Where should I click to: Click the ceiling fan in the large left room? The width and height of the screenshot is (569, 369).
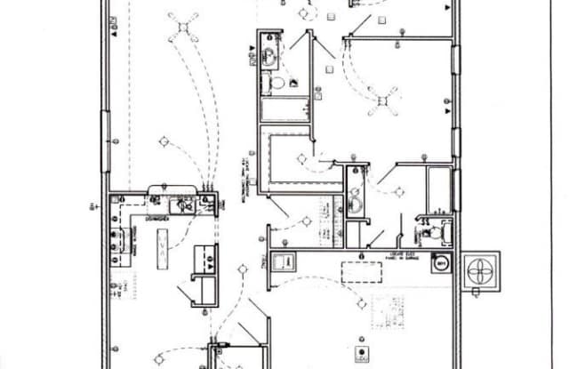pyautogui.click(x=184, y=28)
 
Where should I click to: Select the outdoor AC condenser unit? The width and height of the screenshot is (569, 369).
pyautogui.click(x=479, y=272)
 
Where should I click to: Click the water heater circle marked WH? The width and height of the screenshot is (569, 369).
pyautogui.click(x=440, y=264)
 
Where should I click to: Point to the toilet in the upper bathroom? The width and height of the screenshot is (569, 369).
pyautogui.click(x=277, y=84)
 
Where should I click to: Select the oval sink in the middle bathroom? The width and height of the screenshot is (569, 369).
pyautogui.click(x=355, y=203)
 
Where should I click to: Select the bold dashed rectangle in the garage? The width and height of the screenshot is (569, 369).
pyautogui.click(x=362, y=272)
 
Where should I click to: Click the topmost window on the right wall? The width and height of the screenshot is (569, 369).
pyautogui.click(x=456, y=60)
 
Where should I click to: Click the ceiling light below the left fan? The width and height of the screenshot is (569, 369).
pyautogui.click(x=164, y=140)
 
